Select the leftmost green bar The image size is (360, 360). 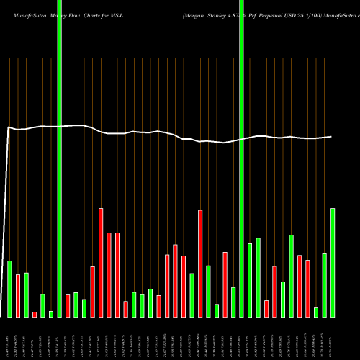(x=9, y=289)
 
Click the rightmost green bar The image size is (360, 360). (x=333, y=263)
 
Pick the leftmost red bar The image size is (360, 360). (x=18, y=295)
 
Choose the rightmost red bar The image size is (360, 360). (x=307, y=288)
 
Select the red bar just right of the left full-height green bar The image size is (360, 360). (x=68, y=305)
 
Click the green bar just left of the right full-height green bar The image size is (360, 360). (x=233, y=302)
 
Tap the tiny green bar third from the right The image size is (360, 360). (x=316, y=312)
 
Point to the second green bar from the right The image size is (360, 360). (x=324, y=285)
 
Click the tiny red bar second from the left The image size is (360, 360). (x=35, y=314)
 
